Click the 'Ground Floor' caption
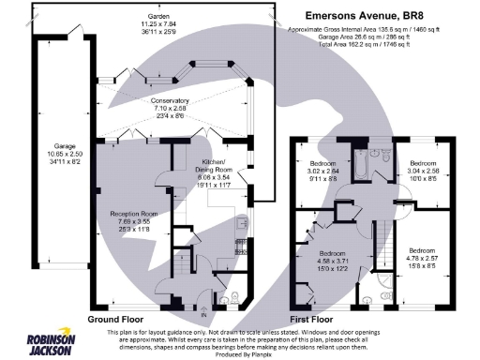pos(119,319)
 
